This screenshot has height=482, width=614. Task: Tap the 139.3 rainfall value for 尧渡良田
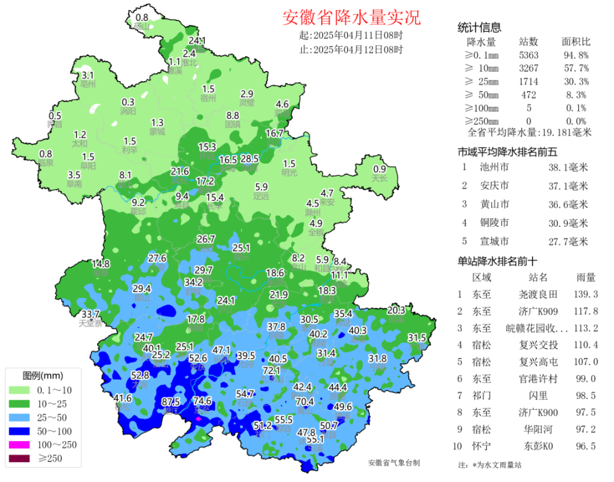click(x=586, y=294)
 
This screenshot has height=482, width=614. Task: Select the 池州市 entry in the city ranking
click(x=494, y=167)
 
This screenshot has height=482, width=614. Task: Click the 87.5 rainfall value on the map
click(x=171, y=401)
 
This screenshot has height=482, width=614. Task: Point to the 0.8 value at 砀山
click(x=142, y=17)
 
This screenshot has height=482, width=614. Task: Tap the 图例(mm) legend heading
click(x=43, y=375)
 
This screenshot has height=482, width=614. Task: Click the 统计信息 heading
click(x=479, y=27)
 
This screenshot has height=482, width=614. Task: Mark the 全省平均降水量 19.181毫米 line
click(x=530, y=133)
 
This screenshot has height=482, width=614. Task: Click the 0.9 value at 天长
click(x=380, y=169)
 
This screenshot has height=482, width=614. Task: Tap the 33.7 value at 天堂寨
click(x=90, y=314)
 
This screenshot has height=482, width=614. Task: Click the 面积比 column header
click(x=576, y=42)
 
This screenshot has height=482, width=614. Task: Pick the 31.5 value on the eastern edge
click(x=416, y=338)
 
